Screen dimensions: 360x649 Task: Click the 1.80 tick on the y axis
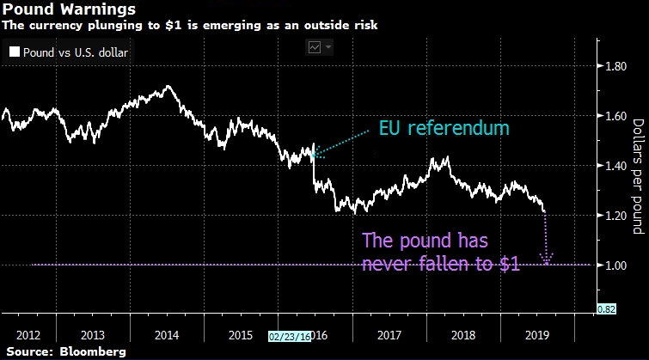coord(619,66)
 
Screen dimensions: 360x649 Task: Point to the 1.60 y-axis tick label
coord(619,116)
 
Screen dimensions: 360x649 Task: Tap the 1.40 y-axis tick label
coord(619,166)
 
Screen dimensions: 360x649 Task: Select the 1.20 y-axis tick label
coord(619,216)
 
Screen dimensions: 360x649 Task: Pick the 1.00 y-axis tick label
coord(619,265)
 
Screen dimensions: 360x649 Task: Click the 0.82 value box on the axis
coord(606,308)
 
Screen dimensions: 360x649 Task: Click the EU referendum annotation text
coord(444,129)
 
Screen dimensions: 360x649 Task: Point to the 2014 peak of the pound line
coord(166,86)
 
